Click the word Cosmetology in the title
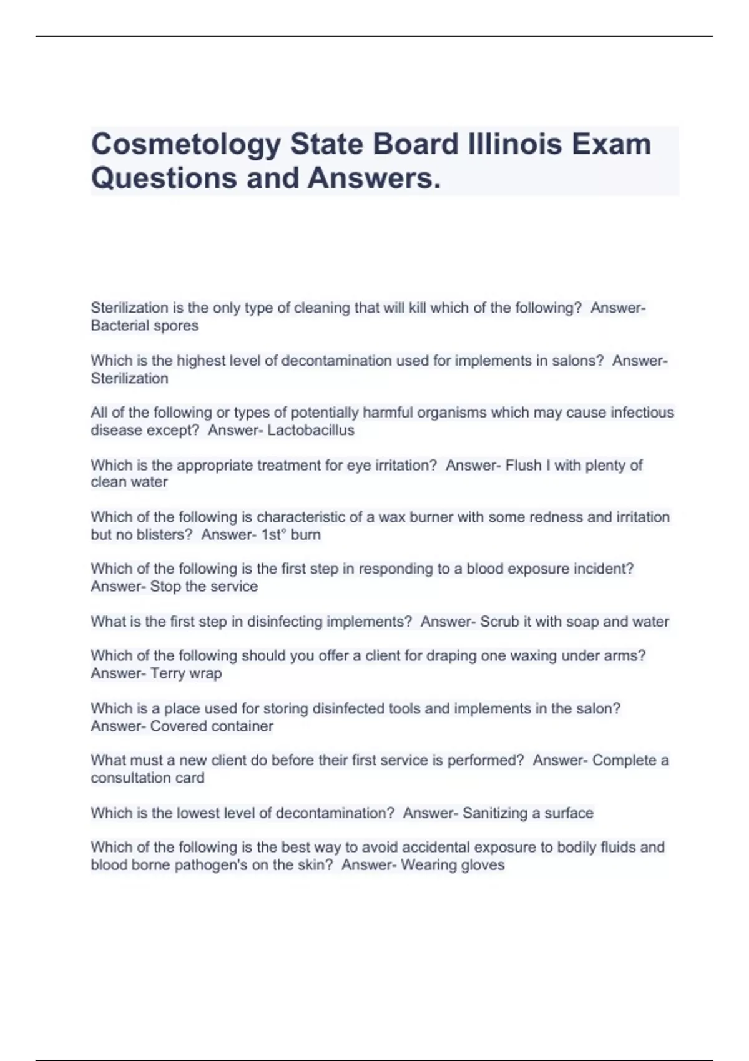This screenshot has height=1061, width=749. (186, 145)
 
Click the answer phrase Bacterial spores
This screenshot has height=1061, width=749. (144, 325)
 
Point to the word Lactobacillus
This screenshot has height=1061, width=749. (310, 430)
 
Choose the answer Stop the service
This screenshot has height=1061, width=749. (203, 586)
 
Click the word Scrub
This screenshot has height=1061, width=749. (499, 622)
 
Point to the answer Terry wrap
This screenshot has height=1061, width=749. (186, 673)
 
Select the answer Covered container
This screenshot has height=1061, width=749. (212, 726)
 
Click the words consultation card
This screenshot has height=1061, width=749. (147, 778)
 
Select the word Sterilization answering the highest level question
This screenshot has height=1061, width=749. (129, 378)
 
